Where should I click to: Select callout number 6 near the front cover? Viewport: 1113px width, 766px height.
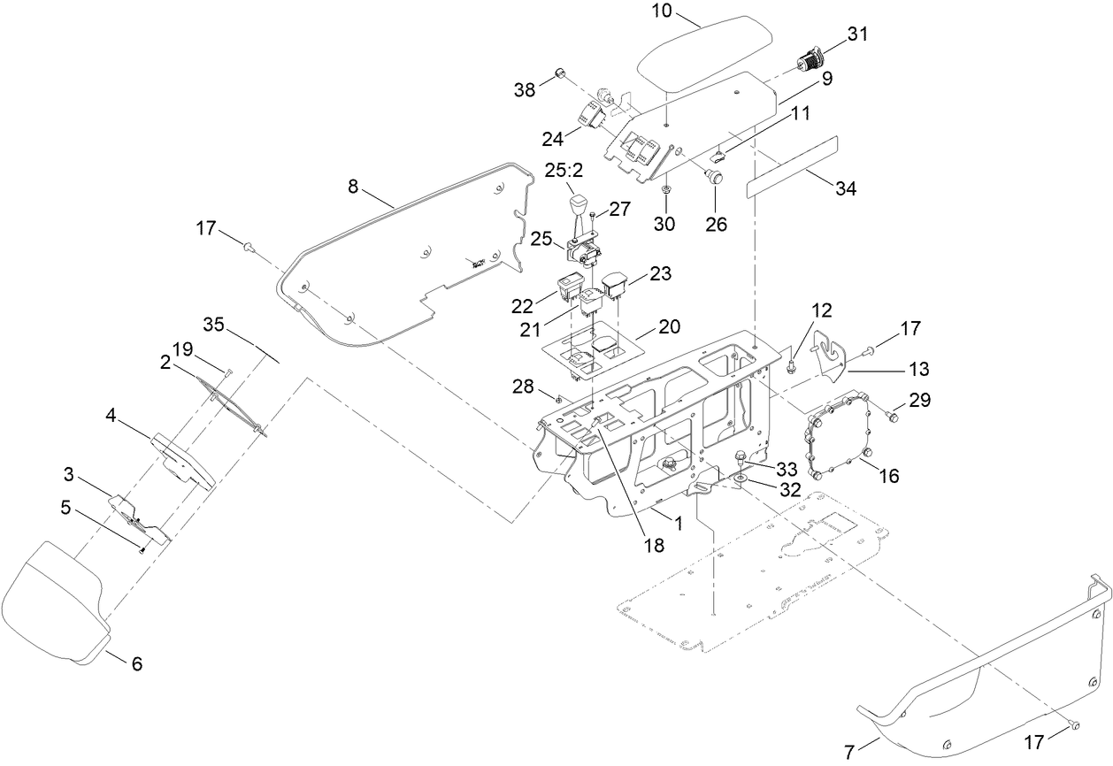(x=136, y=663)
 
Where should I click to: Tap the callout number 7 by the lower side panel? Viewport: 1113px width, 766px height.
(x=849, y=753)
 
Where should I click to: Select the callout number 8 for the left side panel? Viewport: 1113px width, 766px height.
(x=353, y=187)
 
